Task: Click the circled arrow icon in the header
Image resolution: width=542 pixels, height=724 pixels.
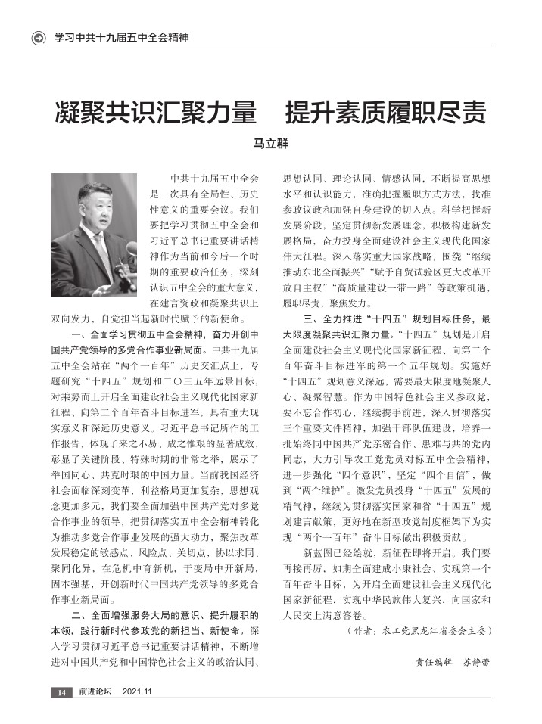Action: tap(39, 37)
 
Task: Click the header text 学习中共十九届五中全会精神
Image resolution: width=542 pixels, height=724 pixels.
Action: tap(120, 37)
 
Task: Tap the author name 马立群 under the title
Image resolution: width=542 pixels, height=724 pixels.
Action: tap(271, 144)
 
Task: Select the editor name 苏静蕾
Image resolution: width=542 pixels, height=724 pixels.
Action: tap(476, 661)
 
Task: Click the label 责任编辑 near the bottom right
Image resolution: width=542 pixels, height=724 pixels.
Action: tap(434, 661)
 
